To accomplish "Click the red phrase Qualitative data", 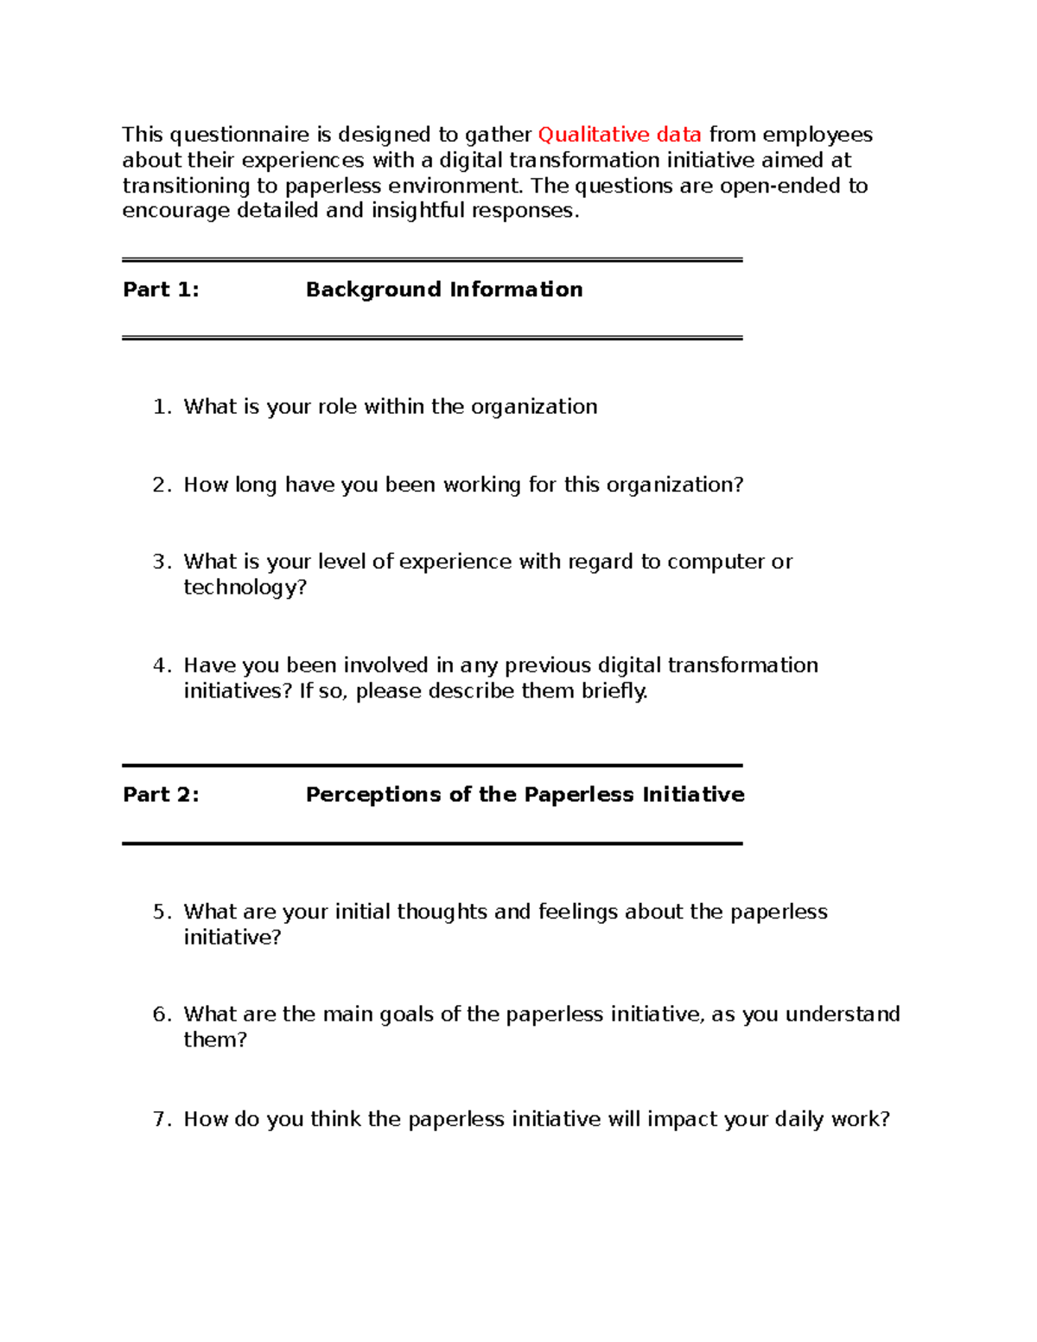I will (x=619, y=135).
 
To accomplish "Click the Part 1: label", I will (x=161, y=289).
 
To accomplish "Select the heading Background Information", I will (x=443, y=289).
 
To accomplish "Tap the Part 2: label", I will (x=161, y=795).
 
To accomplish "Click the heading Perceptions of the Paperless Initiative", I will (x=525, y=795).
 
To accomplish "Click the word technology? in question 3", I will (x=245, y=588).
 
